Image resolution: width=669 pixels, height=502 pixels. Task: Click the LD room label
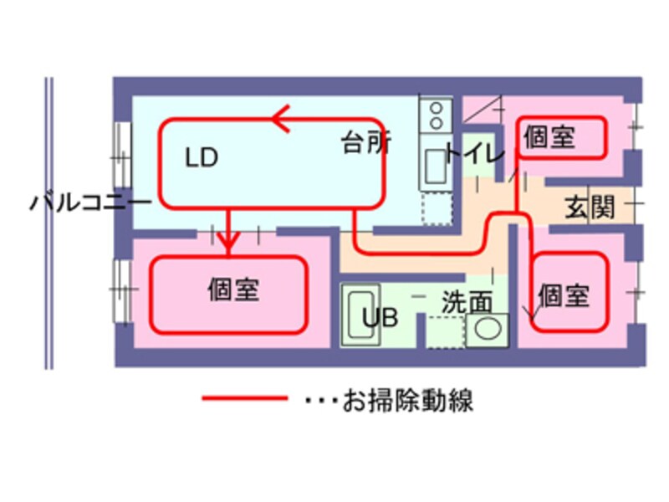pos(202,158)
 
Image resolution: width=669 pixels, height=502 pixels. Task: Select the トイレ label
pos(474,154)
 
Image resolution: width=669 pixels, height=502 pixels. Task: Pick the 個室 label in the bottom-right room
pos(565,295)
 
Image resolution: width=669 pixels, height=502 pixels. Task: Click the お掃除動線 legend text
pos(408,400)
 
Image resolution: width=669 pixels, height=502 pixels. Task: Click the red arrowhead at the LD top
pos(282,119)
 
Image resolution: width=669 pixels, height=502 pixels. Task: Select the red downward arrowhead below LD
pos(228,243)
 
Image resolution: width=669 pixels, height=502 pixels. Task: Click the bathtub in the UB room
pos(362,314)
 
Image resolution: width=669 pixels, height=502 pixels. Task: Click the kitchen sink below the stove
pos(436,166)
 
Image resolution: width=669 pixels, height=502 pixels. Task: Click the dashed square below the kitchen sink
pos(437,208)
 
